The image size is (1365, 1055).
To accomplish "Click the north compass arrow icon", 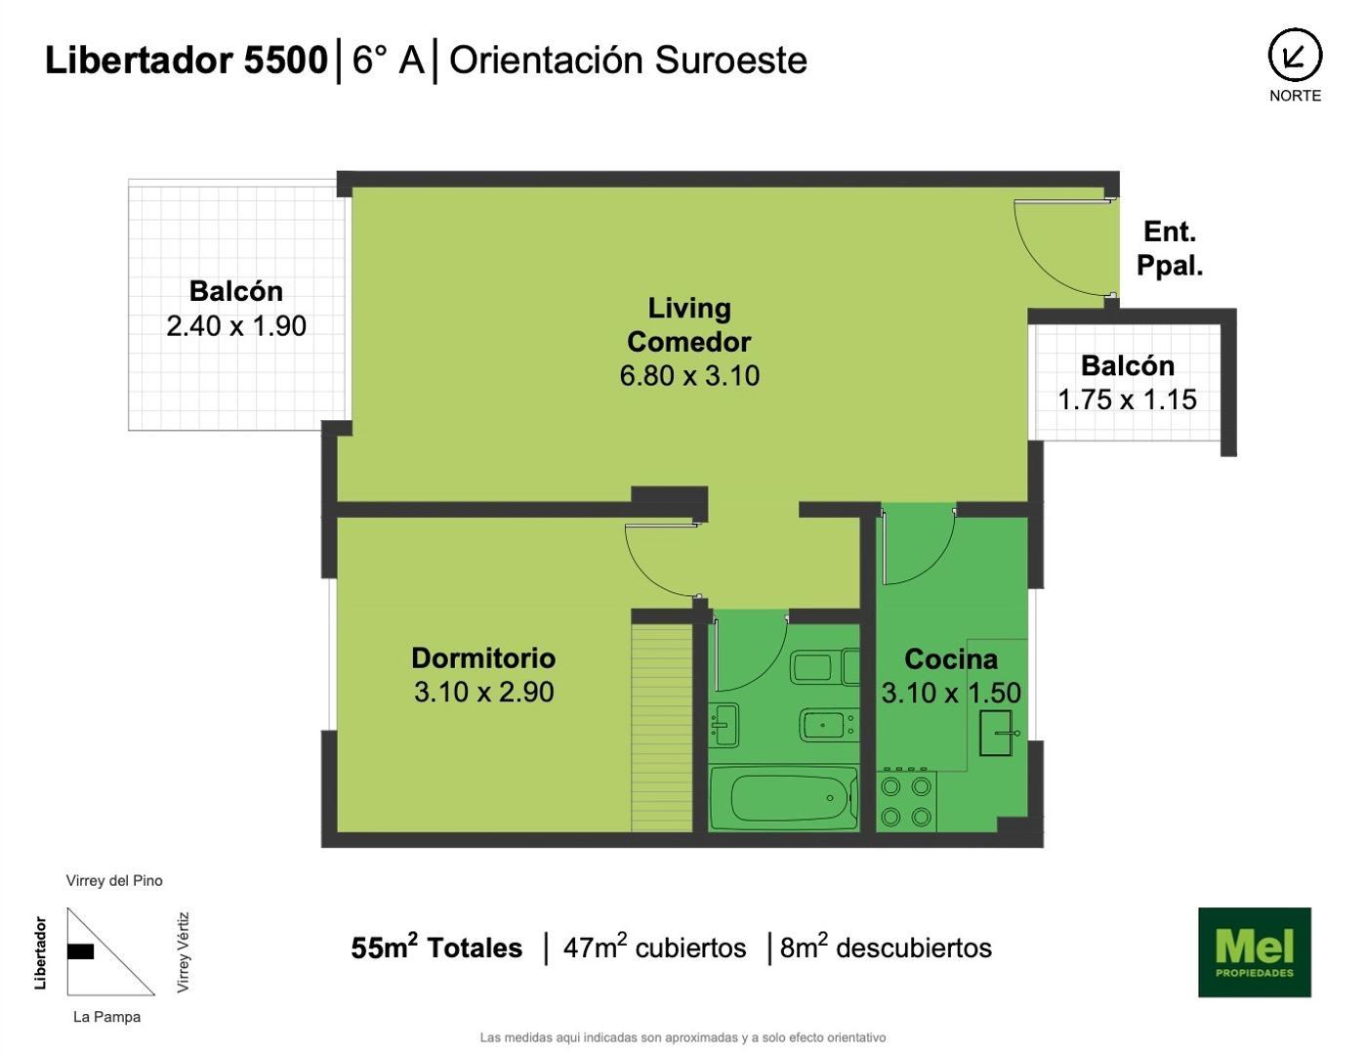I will click(1295, 56).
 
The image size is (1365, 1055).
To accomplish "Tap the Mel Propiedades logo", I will click(1254, 952).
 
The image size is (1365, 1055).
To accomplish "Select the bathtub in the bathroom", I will click(783, 798).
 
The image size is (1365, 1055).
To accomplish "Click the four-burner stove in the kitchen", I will click(906, 801).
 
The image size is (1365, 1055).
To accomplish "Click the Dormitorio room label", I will click(483, 657).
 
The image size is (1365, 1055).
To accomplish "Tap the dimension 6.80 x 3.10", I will click(689, 375).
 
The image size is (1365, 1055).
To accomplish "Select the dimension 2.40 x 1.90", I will click(236, 325).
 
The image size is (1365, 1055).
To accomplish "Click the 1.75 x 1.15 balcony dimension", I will click(1127, 399).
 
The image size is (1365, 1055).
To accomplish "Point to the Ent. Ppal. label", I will click(1170, 248).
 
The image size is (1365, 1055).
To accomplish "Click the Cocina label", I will click(950, 658).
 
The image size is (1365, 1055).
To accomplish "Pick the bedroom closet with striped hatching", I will click(661, 728).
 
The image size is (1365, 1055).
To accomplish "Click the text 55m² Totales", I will click(436, 948).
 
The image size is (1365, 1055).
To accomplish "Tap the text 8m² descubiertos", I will click(885, 948).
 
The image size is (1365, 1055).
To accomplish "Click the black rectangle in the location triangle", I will click(80, 950).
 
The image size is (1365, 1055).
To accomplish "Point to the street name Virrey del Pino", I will click(114, 880).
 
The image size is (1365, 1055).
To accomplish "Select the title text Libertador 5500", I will click(186, 61).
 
